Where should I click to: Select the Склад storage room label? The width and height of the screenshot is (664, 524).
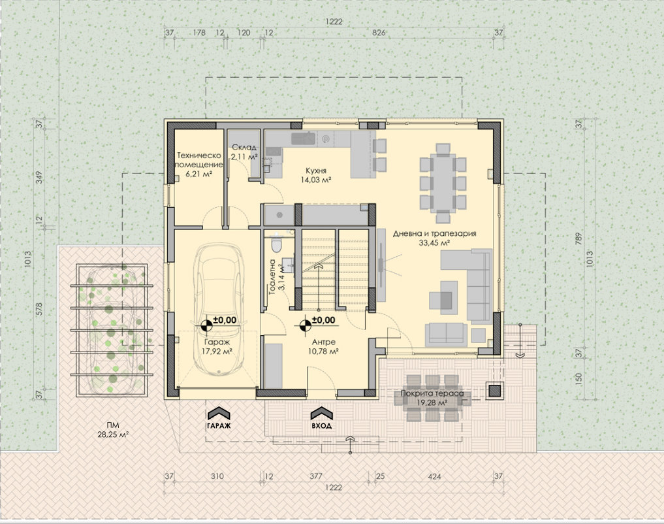click(244, 152)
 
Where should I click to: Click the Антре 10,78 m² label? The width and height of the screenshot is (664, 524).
click(324, 346)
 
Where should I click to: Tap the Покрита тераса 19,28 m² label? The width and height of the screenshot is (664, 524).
click(432, 398)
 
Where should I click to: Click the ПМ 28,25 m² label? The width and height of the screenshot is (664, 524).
click(113, 429)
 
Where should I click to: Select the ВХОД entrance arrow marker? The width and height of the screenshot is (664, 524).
click(322, 418)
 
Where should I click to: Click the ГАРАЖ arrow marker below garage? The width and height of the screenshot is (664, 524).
click(219, 418)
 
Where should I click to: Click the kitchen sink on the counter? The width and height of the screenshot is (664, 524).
click(304, 137)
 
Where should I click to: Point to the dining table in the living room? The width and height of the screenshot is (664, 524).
click(443, 183)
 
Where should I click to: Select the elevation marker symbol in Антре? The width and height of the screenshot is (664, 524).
click(304, 325)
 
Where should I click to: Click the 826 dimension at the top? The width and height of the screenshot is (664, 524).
click(379, 33)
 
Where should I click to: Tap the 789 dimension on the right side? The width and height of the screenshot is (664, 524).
click(578, 237)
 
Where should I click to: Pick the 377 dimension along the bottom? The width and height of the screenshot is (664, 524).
click(316, 476)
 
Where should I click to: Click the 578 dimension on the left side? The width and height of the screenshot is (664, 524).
click(39, 310)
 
